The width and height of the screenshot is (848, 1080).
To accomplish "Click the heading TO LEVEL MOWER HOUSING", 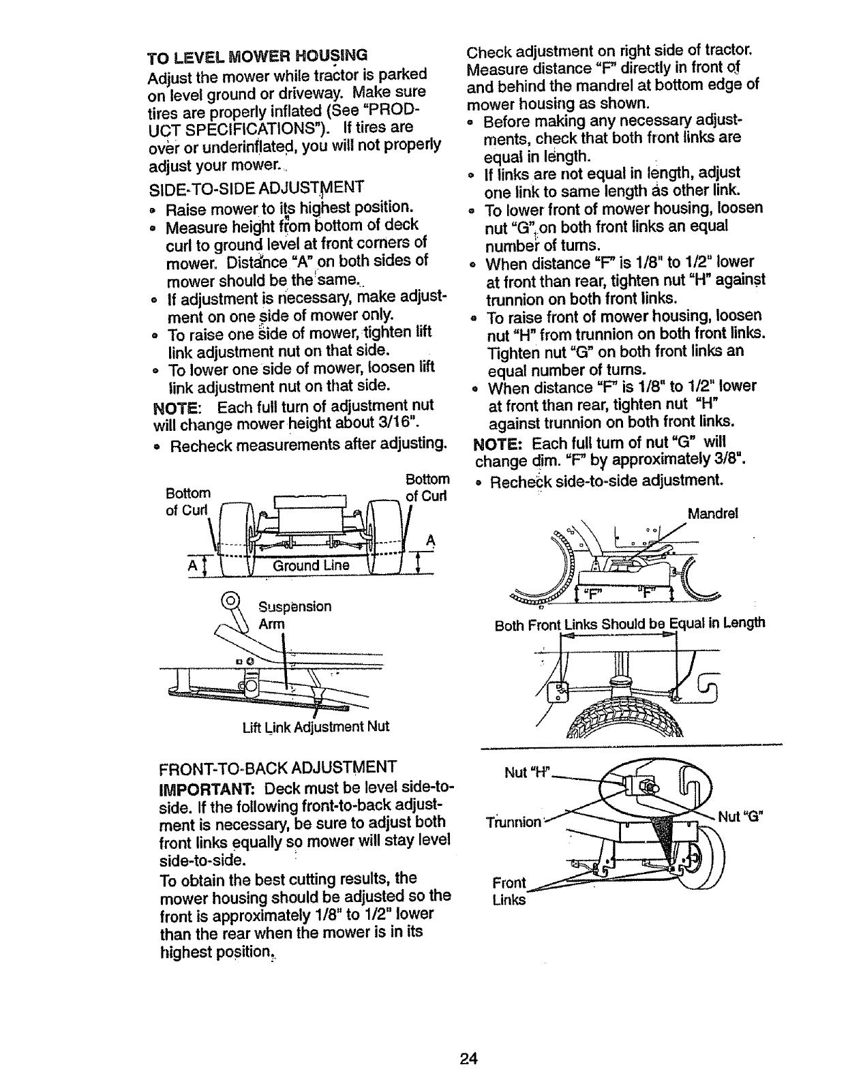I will [258, 54].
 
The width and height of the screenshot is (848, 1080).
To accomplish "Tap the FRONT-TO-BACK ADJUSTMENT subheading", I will [277, 767].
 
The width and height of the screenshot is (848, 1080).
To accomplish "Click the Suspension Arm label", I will [294, 616].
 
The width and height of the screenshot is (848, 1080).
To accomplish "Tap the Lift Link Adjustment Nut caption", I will [316, 726].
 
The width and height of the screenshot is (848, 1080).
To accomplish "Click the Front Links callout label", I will [509, 891].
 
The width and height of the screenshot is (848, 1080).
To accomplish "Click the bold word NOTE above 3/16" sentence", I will [177, 408].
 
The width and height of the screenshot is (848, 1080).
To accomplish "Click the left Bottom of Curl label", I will [187, 500].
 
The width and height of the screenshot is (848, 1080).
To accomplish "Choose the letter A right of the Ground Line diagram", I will [430, 540].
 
